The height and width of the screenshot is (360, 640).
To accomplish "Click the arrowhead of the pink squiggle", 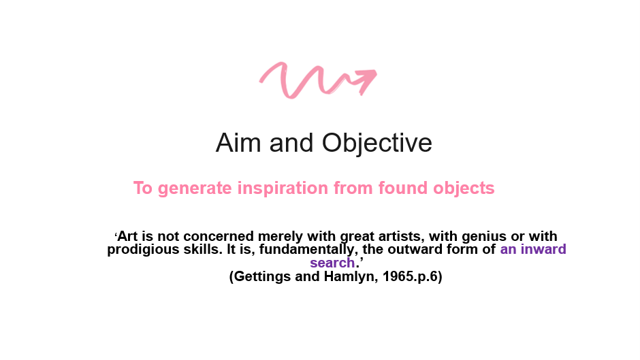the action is pyautogui.click(x=366, y=80).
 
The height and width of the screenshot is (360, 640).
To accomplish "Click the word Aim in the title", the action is pyautogui.click(x=238, y=143).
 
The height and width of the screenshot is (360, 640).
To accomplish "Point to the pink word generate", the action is pyautogui.click(x=195, y=189).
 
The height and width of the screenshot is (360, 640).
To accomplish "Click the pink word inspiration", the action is pyautogui.click(x=283, y=188).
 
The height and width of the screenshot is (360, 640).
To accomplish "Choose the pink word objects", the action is pyautogui.click(x=464, y=188).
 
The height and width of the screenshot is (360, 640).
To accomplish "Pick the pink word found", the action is pyautogui.click(x=403, y=188).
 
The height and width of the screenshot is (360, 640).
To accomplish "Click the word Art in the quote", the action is pyautogui.click(x=127, y=236).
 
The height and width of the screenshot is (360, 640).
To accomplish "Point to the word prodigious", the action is pyautogui.click(x=143, y=250).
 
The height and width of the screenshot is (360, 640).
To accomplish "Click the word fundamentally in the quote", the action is pyautogui.click(x=308, y=250).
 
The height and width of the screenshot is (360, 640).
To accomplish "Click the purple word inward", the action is pyautogui.click(x=543, y=249).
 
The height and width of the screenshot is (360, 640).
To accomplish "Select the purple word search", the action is pyautogui.click(x=332, y=263).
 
